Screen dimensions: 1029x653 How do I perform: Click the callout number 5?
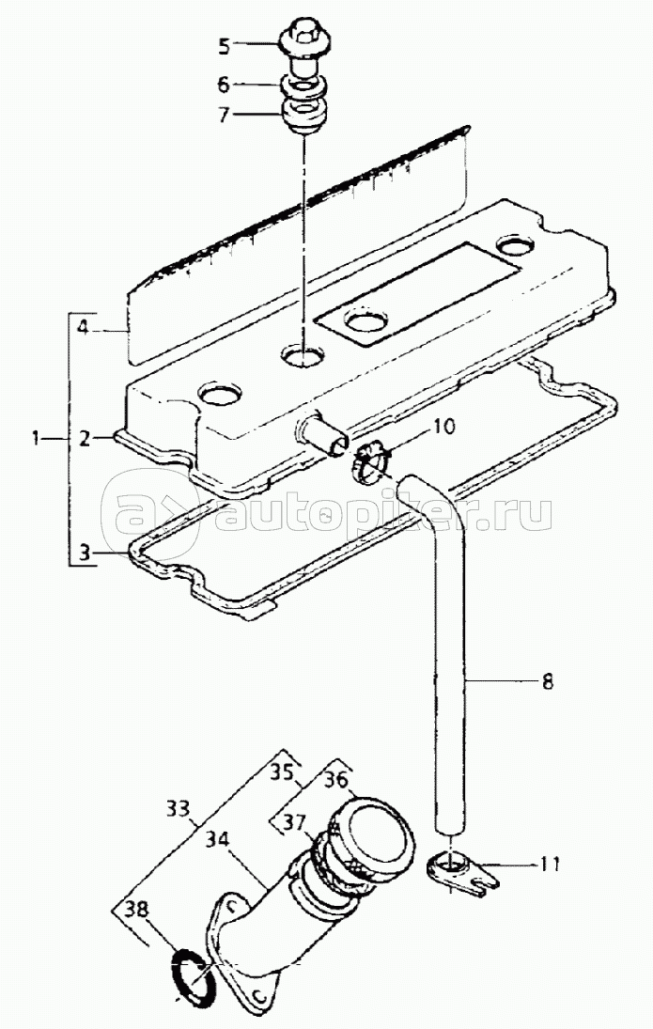(x=224, y=44)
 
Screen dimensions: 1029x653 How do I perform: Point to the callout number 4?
(x=83, y=329)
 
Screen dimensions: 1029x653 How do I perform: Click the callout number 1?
(x=36, y=437)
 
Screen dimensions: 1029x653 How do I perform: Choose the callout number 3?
(x=85, y=553)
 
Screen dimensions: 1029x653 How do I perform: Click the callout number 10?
(x=443, y=427)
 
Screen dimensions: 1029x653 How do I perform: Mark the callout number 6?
(x=224, y=84)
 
